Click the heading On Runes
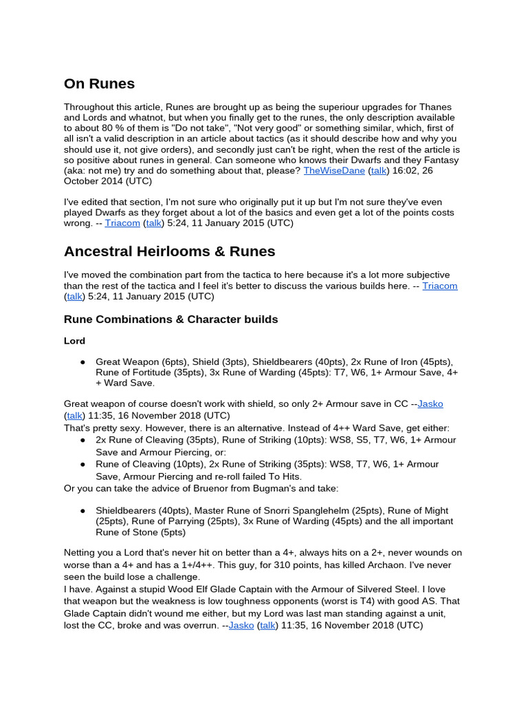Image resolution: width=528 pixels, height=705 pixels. (x=99, y=84)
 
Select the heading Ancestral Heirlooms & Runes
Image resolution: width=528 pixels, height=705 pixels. (x=169, y=251)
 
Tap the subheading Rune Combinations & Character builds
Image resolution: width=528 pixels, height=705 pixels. (x=170, y=319)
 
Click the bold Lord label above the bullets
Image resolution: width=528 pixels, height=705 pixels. (x=74, y=341)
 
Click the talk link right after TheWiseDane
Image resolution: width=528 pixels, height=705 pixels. (x=377, y=169)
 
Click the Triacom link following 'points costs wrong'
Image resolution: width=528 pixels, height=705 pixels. (x=122, y=223)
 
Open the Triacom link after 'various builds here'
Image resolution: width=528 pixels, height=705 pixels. (x=440, y=285)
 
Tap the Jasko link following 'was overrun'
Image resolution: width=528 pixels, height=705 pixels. (x=241, y=625)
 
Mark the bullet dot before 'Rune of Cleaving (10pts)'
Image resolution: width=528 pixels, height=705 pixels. (x=82, y=464)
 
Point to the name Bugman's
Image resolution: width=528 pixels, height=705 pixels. (x=258, y=488)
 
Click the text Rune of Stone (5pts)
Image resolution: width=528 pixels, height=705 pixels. (x=141, y=532)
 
